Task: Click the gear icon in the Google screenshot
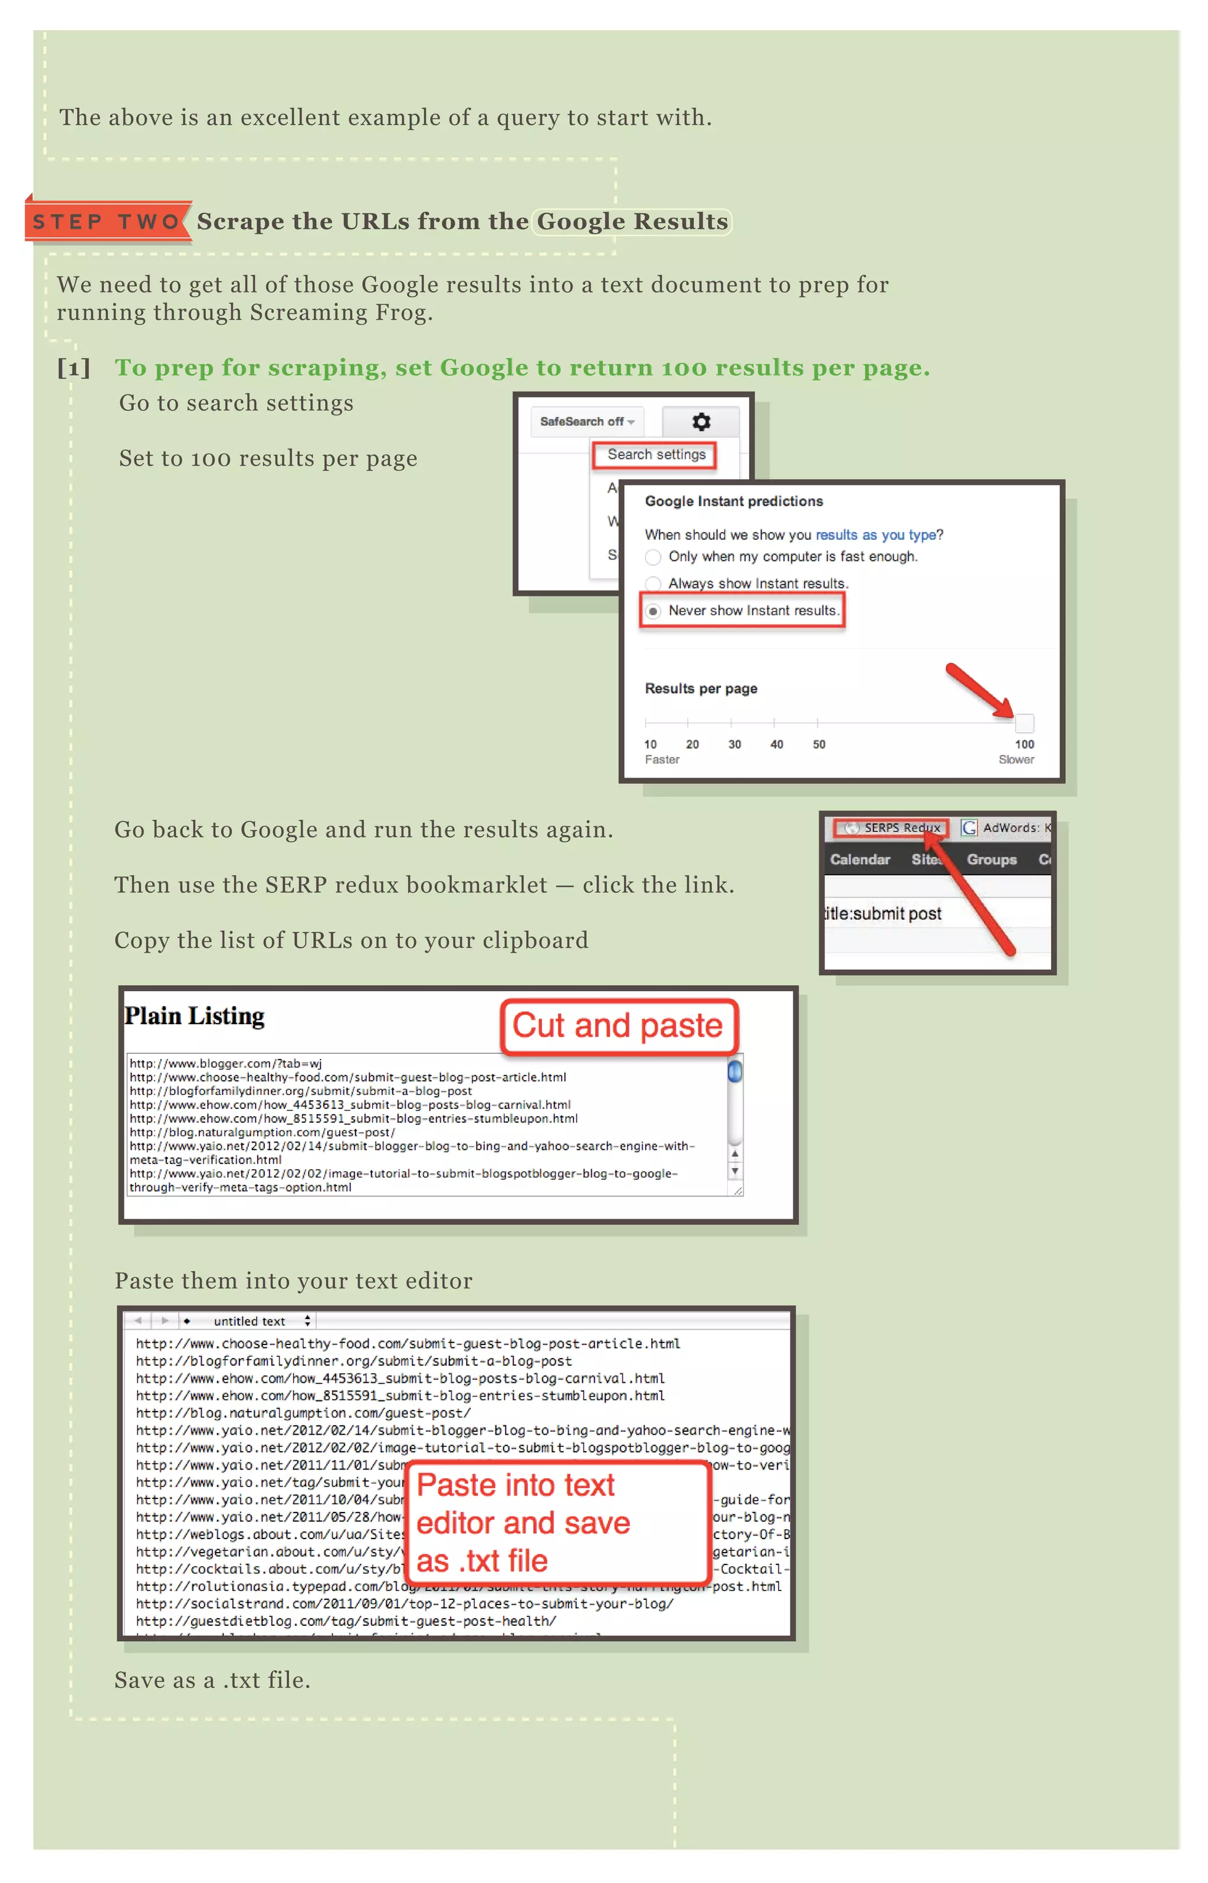(701, 422)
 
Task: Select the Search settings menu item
(656, 455)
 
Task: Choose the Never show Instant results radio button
(652, 611)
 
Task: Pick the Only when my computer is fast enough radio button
(652, 557)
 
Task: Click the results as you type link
(875, 535)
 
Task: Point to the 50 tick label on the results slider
(818, 744)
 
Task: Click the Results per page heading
(701, 688)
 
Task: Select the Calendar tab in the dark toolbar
(860, 860)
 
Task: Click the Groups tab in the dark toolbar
(991, 860)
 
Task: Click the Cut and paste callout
(618, 1026)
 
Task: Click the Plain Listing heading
(195, 1016)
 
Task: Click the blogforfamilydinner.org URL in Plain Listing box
(300, 1091)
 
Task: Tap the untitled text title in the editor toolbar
(249, 1321)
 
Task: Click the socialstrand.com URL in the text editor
(404, 1604)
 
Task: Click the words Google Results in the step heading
(632, 222)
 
